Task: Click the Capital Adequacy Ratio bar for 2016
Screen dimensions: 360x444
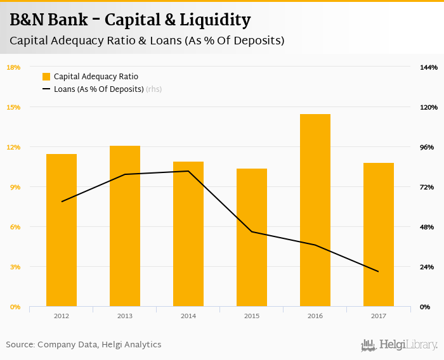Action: point(315,210)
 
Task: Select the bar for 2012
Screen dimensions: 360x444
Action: point(62,230)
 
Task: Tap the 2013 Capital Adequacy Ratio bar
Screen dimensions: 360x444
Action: point(125,226)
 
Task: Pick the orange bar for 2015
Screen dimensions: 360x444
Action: point(252,238)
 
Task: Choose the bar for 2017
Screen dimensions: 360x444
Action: point(379,235)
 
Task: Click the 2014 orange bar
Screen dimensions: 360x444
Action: point(188,234)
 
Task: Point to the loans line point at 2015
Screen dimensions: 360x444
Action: point(252,231)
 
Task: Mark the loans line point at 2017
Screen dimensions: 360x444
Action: point(379,272)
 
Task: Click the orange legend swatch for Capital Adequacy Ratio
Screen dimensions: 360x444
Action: point(46,77)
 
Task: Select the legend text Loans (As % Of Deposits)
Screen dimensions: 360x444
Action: point(99,89)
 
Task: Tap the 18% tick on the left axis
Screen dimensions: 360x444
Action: point(13,67)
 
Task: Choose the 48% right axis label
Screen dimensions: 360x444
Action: point(427,227)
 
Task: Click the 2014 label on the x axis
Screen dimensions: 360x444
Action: point(188,316)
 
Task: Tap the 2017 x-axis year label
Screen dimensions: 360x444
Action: point(379,316)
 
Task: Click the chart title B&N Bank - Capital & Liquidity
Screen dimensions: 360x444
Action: point(130,20)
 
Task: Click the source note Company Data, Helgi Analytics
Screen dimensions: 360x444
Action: point(84,345)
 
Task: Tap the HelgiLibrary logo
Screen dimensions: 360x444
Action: point(399,345)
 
